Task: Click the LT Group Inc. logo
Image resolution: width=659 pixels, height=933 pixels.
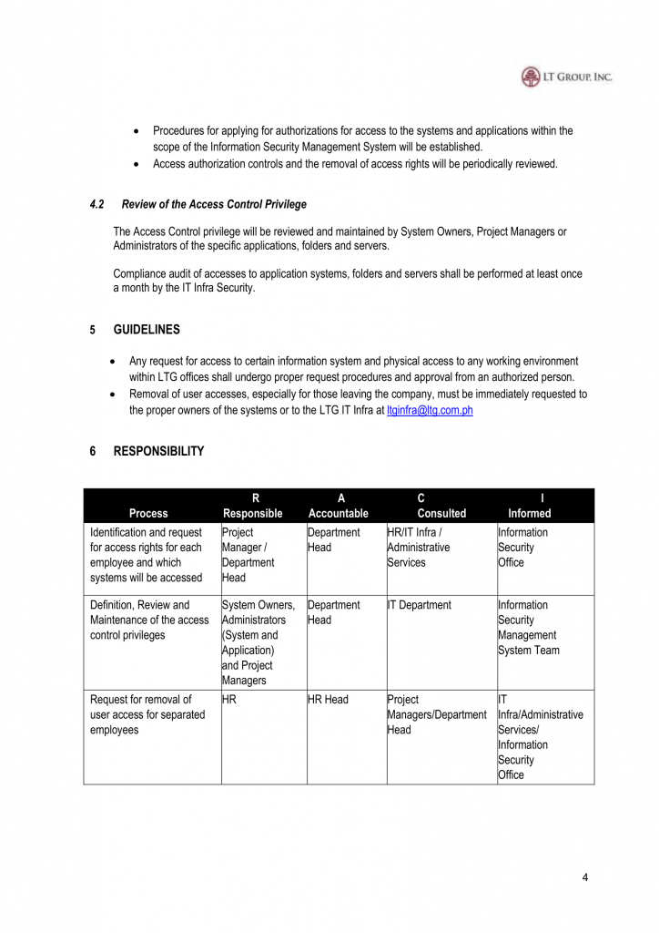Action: [566, 77]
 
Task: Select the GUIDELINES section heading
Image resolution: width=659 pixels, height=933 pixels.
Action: [147, 330]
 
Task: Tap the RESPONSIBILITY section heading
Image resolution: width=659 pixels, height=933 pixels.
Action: [158, 451]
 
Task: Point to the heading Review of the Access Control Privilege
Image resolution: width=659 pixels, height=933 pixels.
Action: [214, 204]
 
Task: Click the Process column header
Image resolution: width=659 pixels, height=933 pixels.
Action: [148, 513]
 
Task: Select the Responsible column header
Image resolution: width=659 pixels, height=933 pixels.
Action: [253, 513]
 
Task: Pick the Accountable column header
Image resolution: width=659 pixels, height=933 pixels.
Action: [339, 513]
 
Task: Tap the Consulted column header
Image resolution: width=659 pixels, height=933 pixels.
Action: [441, 513]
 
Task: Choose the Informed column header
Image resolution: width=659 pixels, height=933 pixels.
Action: [529, 513]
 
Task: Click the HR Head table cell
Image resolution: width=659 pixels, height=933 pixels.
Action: [329, 700]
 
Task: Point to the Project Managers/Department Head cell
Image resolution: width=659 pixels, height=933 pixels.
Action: [437, 715]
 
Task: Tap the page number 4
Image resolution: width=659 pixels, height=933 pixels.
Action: [585, 877]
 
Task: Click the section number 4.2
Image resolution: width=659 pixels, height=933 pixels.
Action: [97, 204]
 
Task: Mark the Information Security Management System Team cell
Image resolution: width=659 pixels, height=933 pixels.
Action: [529, 628]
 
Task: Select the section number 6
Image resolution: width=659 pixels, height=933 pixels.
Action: [93, 451]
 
